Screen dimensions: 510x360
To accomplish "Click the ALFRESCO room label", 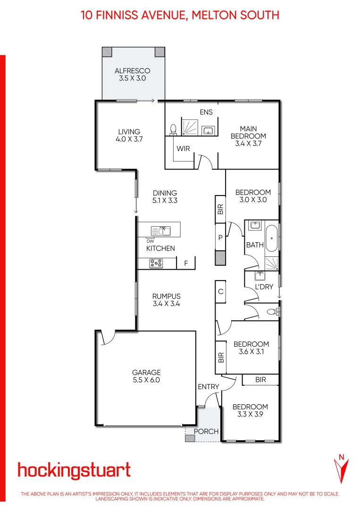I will pos(133,71).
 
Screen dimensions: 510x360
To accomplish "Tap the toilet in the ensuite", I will pos(173,129).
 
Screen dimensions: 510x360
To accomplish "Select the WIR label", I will pos(184,149).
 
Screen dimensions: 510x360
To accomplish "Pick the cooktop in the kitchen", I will pos(156,263).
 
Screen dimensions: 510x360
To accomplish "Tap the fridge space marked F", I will pos(186,263).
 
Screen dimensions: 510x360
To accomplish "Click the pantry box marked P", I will pos(220,238).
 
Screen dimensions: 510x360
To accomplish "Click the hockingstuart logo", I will pos(74,470).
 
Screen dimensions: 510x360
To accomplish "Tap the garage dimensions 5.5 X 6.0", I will pos(146,380).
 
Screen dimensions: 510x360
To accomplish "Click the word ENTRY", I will pos(209,387).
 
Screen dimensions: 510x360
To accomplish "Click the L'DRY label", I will pos(264,287).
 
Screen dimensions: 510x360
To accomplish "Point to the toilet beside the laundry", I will pos(272,311).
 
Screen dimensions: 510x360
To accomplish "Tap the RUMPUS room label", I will pos(166,296).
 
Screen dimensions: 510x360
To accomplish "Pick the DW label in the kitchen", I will pos(150,241).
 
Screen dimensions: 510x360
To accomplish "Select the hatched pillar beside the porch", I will pos(190,438).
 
